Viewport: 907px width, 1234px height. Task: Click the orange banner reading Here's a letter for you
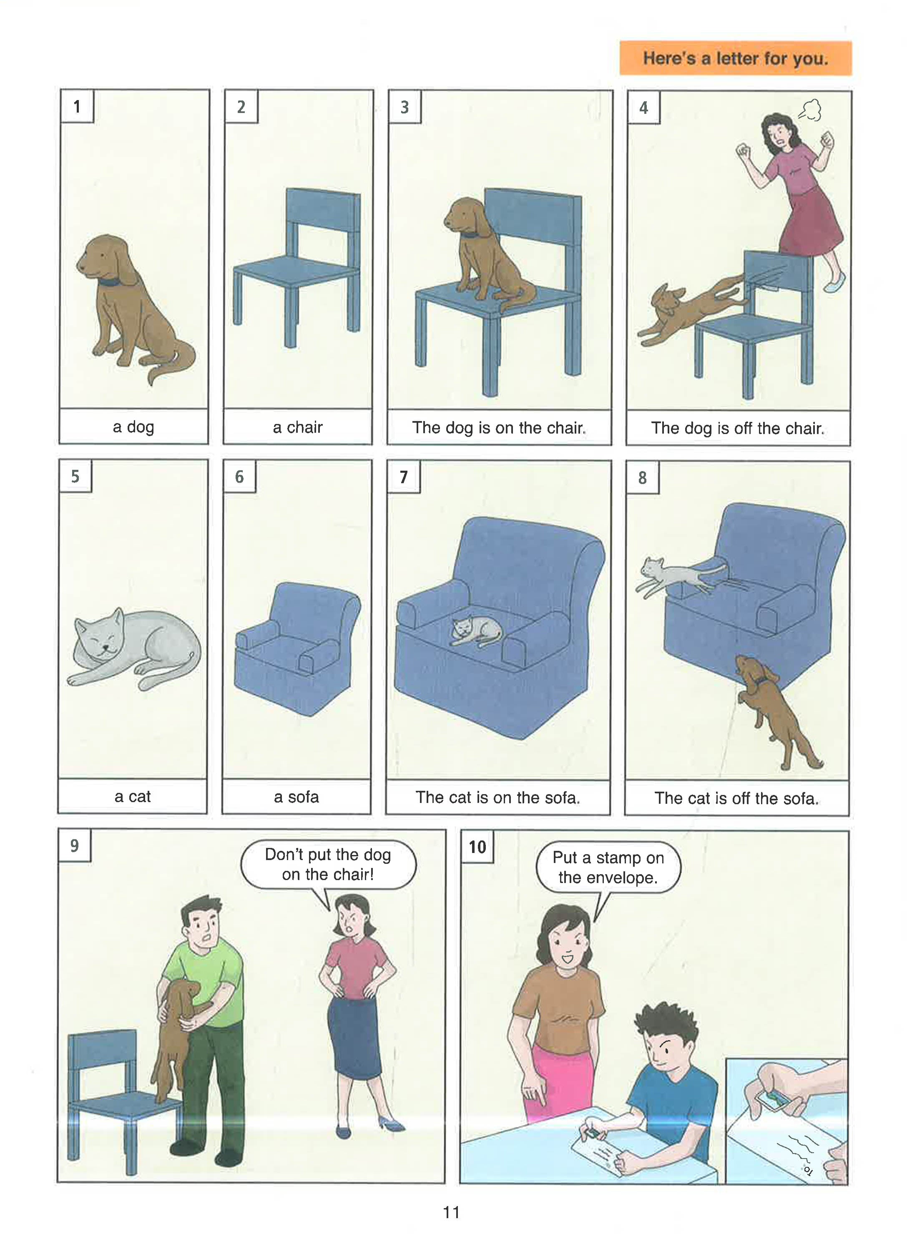click(735, 58)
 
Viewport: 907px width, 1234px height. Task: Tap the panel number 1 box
click(77, 106)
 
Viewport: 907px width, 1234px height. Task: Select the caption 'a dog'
click(133, 427)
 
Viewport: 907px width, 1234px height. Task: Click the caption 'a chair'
click(298, 427)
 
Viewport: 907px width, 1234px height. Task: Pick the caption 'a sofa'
click(296, 797)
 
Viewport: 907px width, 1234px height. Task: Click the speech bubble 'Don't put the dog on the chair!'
click(328, 864)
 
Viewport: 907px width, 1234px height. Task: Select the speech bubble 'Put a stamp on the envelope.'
click(608, 867)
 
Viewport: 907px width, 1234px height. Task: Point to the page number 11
click(451, 1212)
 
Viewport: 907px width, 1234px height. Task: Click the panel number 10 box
click(477, 847)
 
